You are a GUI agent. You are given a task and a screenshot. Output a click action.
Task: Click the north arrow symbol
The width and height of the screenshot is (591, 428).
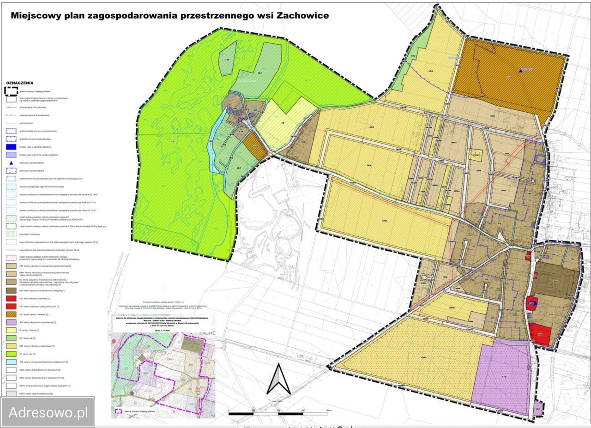point(279,379)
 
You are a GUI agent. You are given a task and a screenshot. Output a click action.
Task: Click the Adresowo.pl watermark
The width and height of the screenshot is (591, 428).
point(48,412)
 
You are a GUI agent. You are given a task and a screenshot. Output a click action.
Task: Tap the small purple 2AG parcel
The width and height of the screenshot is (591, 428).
point(537,409)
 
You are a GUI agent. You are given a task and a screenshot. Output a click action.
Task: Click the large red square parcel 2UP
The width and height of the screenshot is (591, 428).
point(543,335)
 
